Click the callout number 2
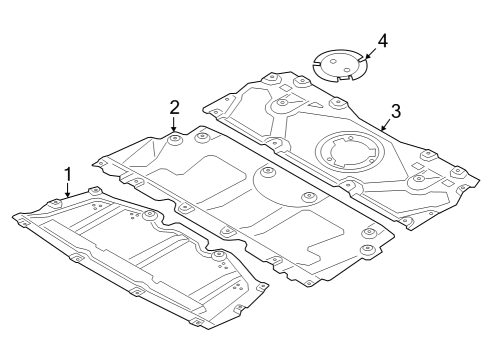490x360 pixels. coord(174,106)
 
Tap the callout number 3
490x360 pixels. coord(395,111)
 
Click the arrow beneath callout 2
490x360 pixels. coord(174,125)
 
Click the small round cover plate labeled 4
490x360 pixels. coord(337,65)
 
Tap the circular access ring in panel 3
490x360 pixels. coord(345,155)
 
